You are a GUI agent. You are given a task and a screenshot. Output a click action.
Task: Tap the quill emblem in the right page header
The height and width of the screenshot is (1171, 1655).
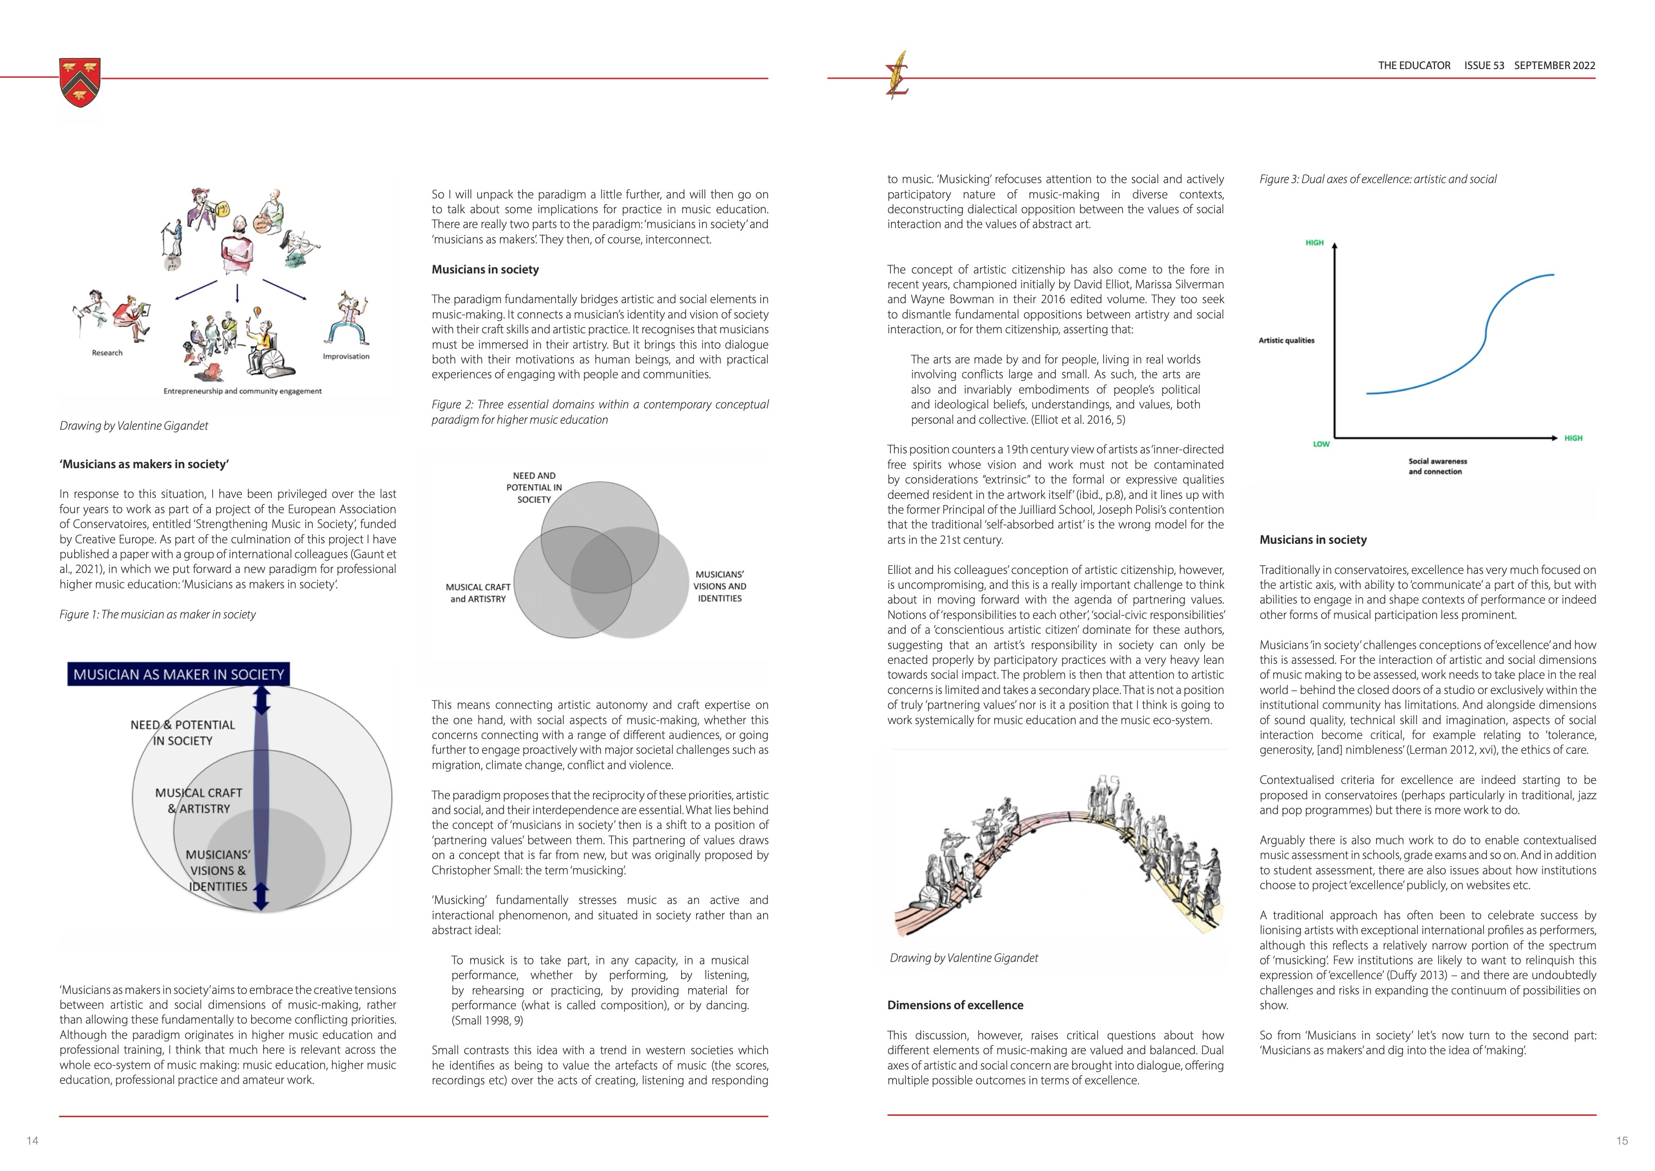pyautogui.click(x=898, y=75)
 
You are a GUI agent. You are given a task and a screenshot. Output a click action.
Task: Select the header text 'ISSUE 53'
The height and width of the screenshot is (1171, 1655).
pyautogui.click(x=1484, y=66)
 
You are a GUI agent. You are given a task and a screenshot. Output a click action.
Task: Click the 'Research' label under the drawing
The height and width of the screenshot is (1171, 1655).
pyautogui.click(x=107, y=353)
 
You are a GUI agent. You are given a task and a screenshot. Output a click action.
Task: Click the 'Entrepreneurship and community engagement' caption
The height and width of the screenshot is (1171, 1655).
pyautogui.click(x=242, y=392)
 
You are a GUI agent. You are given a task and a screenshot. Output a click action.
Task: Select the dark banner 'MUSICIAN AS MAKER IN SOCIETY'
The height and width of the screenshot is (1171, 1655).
pyautogui.click(x=179, y=674)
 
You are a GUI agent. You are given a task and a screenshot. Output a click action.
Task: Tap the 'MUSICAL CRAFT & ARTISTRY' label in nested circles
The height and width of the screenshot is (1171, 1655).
pyautogui.click(x=199, y=801)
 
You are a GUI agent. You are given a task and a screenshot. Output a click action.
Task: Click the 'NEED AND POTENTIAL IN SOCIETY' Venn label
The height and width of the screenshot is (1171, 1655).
pyautogui.click(x=534, y=487)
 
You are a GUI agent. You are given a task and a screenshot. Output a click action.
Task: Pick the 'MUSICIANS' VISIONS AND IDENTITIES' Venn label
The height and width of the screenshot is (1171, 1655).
pyautogui.click(x=720, y=586)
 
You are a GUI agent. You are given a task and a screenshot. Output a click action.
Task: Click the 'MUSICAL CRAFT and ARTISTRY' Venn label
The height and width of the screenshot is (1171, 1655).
pyautogui.click(x=478, y=593)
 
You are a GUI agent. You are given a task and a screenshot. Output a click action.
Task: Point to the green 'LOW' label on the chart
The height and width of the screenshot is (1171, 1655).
pyautogui.click(x=1320, y=444)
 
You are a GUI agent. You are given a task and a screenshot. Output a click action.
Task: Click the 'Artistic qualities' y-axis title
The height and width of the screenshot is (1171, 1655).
pyautogui.click(x=1287, y=340)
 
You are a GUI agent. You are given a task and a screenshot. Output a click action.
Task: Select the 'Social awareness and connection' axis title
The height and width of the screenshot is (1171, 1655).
pyautogui.click(x=1437, y=466)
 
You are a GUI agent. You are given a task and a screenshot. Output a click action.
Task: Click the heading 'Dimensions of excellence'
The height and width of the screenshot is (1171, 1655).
pyautogui.click(x=955, y=1005)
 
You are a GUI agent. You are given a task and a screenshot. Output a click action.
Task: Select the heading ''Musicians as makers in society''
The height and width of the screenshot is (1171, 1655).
pyautogui.click(x=144, y=465)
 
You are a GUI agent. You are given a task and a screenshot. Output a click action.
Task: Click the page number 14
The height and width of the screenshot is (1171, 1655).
pyautogui.click(x=32, y=1141)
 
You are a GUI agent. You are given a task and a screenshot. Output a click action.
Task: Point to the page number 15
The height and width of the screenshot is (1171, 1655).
pyautogui.click(x=1622, y=1141)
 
